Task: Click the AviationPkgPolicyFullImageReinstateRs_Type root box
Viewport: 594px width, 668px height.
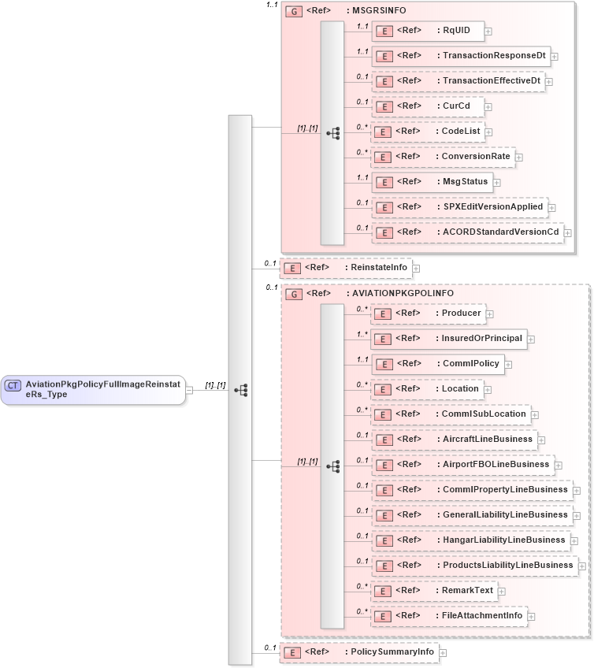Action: pyautogui.click(x=93, y=389)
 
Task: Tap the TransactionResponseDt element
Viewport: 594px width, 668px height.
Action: pyautogui.click(x=460, y=56)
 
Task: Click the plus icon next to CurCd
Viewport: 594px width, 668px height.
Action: pyautogui.click(x=488, y=107)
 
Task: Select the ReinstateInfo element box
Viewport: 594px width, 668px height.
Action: pyautogui.click(x=347, y=268)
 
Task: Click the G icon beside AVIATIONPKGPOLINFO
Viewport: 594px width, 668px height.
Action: pyautogui.click(x=293, y=294)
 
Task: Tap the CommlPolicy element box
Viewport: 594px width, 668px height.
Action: pyautogui.click(x=436, y=364)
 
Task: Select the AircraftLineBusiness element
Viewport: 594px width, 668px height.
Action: pyautogui.click(x=453, y=439)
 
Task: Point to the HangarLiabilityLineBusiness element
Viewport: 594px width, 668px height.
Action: pyautogui.click(x=470, y=540)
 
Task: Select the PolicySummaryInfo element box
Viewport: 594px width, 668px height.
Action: pyautogui.click(x=359, y=652)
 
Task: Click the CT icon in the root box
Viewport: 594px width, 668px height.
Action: pyautogui.click(x=13, y=385)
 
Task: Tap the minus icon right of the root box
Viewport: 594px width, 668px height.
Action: pyautogui.click(x=190, y=389)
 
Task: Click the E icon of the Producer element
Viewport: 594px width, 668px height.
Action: pyautogui.click(x=382, y=314)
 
